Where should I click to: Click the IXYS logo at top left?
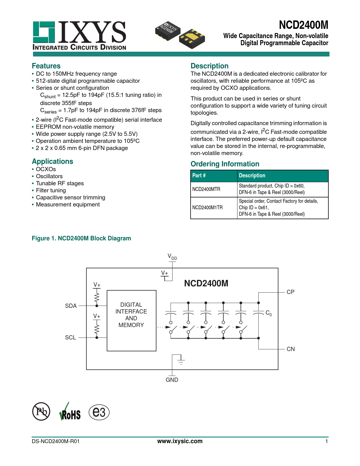click(x=79, y=36)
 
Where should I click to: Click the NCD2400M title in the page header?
click(x=304, y=25)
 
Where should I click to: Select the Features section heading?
click(x=46, y=66)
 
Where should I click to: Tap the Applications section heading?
click(x=53, y=161)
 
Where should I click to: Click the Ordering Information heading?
click(x=225, y=164)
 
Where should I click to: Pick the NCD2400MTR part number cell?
click(x=206, y=189)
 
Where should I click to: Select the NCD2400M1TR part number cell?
click(x=207, y=208)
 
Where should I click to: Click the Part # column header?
click(x=199, y=175)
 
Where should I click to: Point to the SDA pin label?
click(x=71, y=306)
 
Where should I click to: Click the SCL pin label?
click(x=71, y=337)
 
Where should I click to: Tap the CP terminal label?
click(x=290, y=292)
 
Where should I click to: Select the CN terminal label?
click(x=291, y=349)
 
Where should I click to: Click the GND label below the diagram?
click(x=172, y=380)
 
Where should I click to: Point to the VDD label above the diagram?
click(x=172, y=257)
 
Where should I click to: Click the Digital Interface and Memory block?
click(x=131, y=321)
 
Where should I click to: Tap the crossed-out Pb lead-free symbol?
click(x=41, y=411)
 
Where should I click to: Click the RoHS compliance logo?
click(x=70, y=412)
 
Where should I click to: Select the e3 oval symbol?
click(x=99, y=412)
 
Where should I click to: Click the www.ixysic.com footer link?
click(x=180, y=441)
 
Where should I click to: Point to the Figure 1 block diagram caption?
click(x=81, y=238)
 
